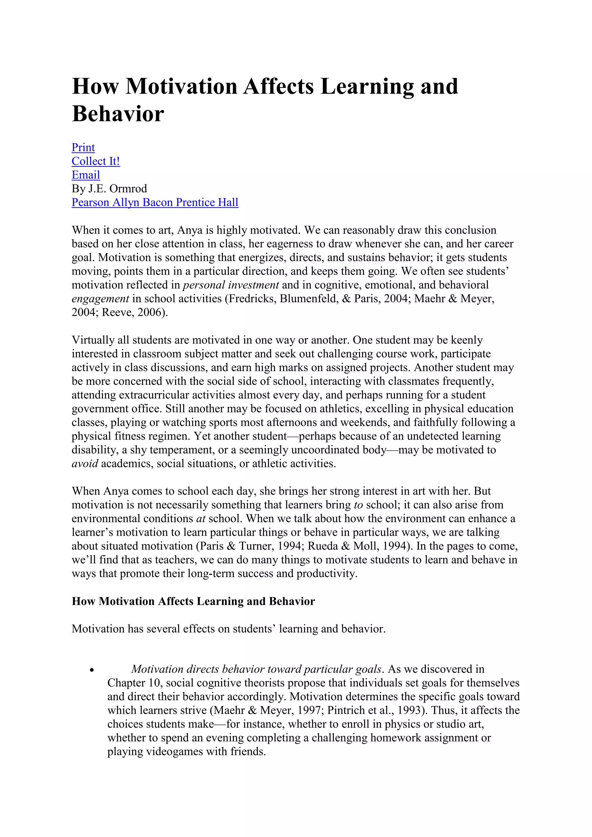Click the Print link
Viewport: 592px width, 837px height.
pos(83,147)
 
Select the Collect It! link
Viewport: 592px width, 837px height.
pos(95,161)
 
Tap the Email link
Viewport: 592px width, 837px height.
pos(86,175)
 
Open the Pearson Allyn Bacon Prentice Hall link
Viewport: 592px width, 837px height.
pos(155,202)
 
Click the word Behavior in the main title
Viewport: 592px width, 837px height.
pos(118,114)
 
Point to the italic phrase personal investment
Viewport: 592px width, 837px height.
pos(231,285)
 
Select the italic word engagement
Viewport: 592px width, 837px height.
pos(100,299)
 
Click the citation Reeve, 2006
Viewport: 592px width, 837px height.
pos(133,312)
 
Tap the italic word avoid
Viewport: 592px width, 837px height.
pos(85,463)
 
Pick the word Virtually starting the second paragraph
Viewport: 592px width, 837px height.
pos(92,340)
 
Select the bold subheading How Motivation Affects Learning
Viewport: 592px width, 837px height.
pos(193,601)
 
